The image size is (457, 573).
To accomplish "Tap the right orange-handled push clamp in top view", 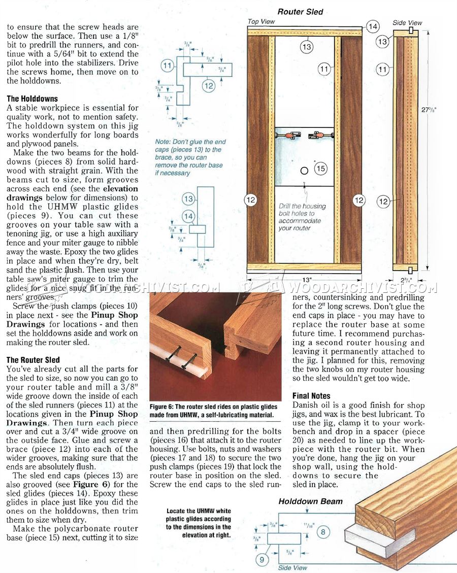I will point(319,136).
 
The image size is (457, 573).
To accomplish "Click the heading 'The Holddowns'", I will point(32,99).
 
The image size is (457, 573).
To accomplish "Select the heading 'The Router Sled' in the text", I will point(33,360).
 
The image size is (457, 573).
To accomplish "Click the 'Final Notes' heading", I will point(311,395).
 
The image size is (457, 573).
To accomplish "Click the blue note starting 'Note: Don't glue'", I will point(190,157).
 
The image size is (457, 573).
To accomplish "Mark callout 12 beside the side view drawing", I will point(383,201).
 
